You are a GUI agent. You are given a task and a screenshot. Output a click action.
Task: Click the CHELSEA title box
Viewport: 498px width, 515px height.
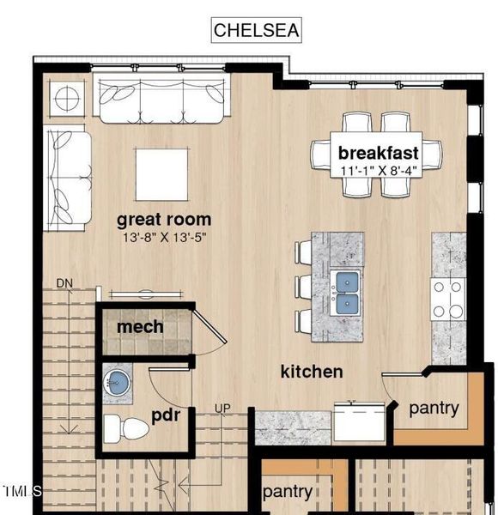(x=257, y=30)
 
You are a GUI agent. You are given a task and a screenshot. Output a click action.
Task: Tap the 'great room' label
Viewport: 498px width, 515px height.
(x=163, y=220)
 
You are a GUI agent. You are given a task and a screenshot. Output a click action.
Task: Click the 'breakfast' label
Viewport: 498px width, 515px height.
(x=379, y=153)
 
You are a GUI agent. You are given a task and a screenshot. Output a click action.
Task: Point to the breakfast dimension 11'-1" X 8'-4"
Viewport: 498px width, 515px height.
(x=379, y=170)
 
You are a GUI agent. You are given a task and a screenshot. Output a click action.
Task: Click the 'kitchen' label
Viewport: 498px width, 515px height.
(x=312, y=372)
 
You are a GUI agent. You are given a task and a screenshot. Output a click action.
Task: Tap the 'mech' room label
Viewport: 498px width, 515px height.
(x=140, y=327)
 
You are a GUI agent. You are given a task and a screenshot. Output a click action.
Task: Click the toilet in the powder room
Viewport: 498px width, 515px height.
(x=124, y=427)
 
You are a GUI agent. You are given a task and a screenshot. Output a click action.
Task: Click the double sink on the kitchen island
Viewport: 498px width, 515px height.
(x=347, y=293)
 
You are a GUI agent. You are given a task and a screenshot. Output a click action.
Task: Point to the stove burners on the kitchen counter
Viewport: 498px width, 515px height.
(x=447, y=300)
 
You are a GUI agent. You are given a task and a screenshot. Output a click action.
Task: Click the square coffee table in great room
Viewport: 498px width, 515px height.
(x=162, y=174)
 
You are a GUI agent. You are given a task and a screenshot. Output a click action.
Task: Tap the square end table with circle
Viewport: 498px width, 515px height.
(x=66, y=98)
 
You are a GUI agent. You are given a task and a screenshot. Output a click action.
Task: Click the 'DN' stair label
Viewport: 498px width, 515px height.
(x=64, y=283)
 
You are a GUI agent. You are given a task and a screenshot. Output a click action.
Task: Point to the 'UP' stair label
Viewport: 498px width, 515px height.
(x=222, y=407)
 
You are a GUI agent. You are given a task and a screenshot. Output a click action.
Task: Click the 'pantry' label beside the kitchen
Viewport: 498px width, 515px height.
(x=434, y=409)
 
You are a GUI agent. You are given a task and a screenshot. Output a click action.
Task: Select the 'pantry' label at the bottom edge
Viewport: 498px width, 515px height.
(x=287, y=492)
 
